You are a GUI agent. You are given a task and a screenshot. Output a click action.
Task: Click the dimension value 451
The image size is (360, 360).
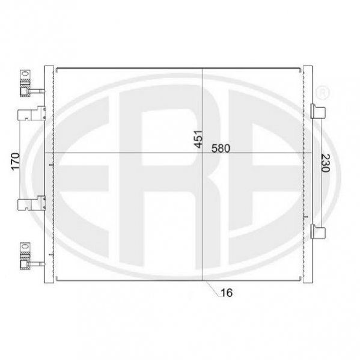[198, 139]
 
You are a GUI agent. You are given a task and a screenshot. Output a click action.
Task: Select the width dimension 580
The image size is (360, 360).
[221, 148]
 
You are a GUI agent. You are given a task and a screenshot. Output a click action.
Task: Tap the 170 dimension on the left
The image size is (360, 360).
[16, 162]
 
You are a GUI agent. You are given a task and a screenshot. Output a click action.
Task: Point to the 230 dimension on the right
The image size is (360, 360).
[325, 163]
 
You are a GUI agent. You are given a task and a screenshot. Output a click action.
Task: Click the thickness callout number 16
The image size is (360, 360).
[227, 293]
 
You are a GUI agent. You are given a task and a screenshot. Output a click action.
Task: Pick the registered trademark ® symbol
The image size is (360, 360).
[322, 93]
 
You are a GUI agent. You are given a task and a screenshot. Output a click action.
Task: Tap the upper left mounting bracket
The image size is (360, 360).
[31, 113]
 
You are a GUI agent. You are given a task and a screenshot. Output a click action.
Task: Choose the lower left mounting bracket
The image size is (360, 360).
[31, 203]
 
